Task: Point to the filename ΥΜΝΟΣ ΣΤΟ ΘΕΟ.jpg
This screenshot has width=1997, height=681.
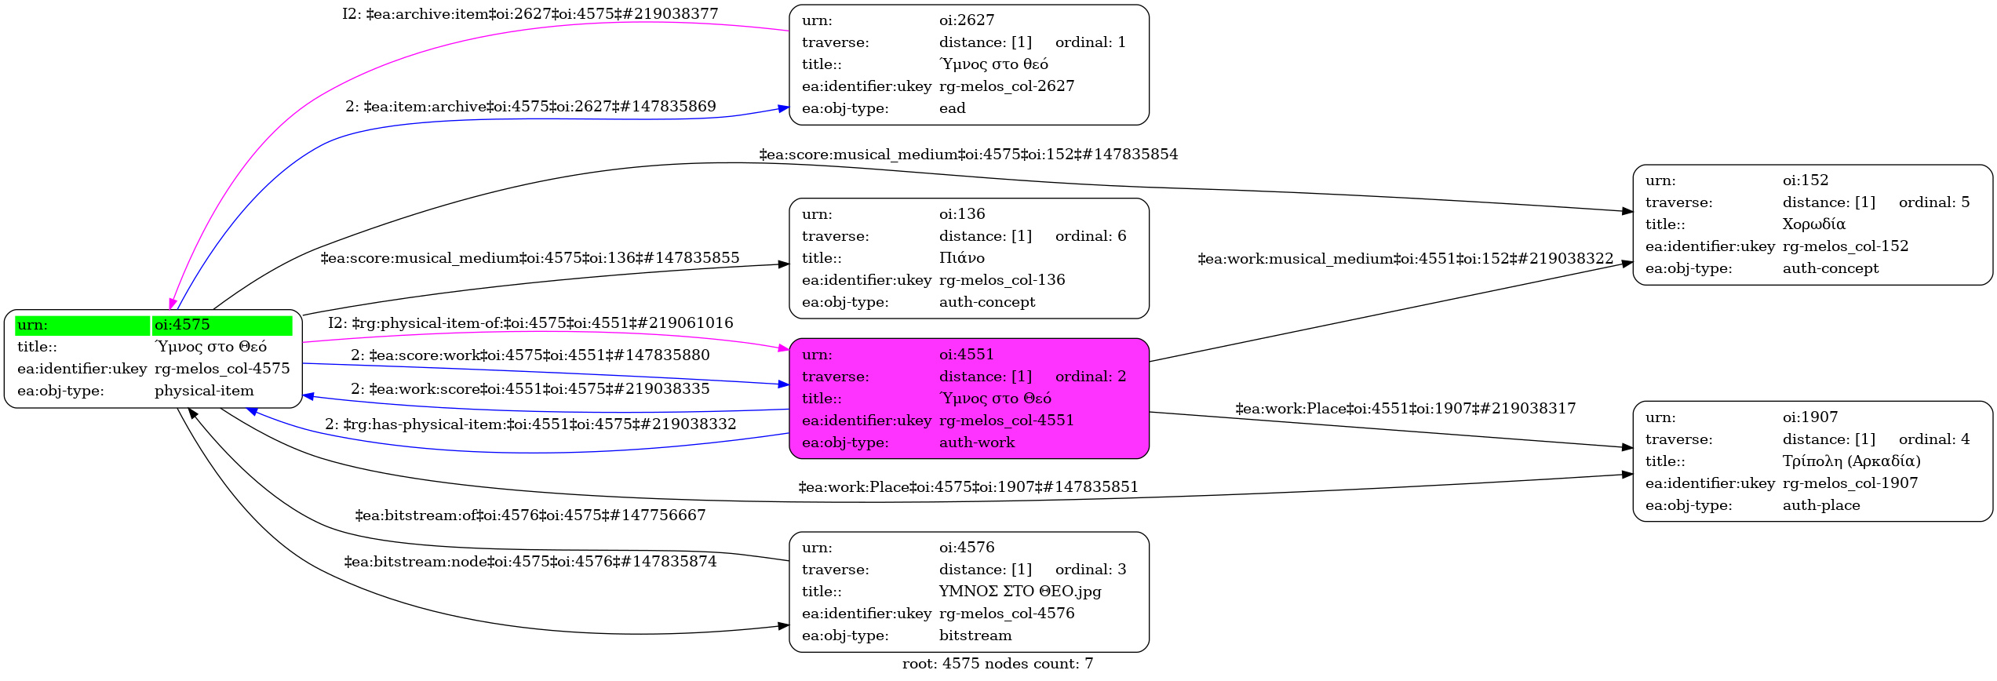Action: [x=1019, y=592]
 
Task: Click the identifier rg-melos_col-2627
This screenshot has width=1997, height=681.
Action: [x=1006, y=86]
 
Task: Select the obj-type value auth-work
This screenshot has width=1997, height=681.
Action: [x=976, y=442]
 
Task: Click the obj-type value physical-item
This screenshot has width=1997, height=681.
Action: [x=204, y=391]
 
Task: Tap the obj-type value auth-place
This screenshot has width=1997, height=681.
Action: [x=1820, y=505]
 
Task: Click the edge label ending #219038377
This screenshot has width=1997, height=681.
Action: [x=530, y=14]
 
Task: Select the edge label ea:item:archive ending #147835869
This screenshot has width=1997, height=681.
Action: [x=530, y=107]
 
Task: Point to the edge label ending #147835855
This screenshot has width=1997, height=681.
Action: [x=530, y=258]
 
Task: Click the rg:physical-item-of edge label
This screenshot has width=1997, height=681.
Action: [x=530, y=323]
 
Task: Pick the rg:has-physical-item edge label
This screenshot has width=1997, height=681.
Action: [x=530, y=424]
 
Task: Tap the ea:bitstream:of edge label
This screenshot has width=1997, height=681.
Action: [x=530, y=515]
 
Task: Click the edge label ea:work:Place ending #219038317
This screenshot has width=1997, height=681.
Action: [x=1405, y=409]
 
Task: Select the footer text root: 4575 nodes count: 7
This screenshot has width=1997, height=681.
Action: [x=997, y=664]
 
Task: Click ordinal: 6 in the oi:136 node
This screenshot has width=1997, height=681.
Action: [x=1090, y=236]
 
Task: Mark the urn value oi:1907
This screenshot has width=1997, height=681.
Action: [x=1809, y=417]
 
